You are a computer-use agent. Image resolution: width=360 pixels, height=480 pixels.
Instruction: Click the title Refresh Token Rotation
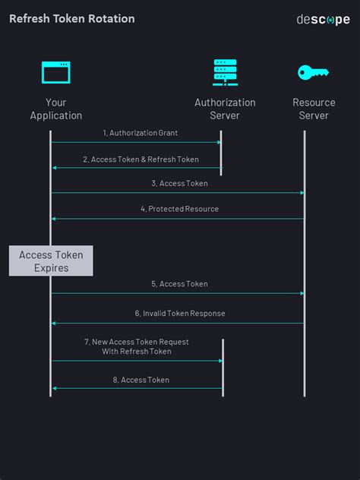71,18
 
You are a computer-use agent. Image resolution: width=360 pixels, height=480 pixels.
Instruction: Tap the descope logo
323,19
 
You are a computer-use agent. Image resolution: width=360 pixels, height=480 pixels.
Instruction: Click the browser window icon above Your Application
55,73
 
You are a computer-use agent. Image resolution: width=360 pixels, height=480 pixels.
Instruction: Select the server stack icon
225,72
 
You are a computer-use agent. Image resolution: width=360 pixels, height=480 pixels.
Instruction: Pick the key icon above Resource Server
313,73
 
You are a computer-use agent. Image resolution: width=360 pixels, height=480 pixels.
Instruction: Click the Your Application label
55,109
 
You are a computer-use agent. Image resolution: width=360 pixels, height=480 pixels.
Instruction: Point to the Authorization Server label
225,109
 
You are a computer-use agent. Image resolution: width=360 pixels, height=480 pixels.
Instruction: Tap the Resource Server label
314,109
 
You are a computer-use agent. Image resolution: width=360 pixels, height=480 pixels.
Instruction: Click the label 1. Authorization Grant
141,133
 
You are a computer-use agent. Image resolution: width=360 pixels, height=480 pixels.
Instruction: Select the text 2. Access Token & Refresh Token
141,159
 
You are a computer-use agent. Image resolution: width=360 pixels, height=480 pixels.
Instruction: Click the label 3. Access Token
179,183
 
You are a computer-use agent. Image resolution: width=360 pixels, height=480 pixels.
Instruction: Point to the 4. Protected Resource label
179,209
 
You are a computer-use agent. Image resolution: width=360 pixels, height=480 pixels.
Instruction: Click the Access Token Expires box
51,261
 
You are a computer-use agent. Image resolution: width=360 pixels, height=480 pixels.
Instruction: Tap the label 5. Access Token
179,284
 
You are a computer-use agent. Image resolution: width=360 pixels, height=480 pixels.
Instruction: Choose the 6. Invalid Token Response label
179,313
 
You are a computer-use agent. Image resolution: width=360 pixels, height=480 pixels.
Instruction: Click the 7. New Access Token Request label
137,346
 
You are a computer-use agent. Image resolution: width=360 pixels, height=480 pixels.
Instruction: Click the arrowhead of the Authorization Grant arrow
219,142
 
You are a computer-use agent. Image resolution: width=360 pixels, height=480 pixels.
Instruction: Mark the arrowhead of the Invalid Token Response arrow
54,323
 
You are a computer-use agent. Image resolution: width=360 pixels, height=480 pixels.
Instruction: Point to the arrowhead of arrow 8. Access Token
54,388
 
